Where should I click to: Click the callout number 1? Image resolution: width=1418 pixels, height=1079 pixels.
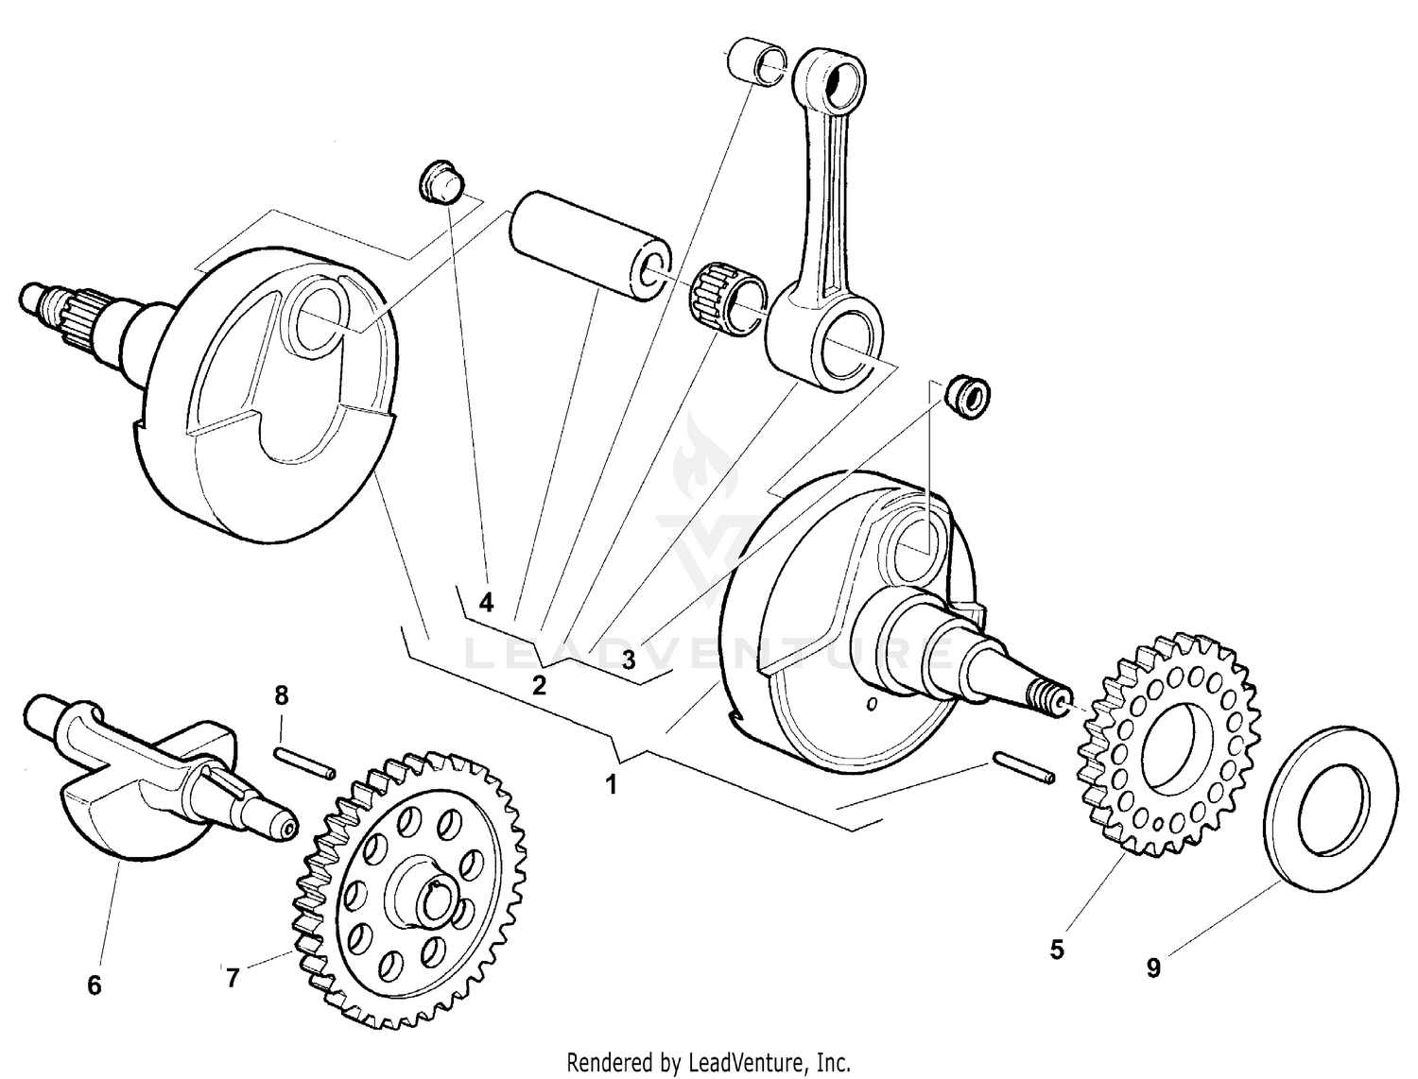coord(612,784)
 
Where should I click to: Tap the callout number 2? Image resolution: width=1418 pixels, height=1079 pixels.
coord(539,685)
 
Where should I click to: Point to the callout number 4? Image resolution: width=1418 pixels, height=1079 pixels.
coord(486,602)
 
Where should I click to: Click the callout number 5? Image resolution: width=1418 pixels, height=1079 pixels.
coord(1056,949)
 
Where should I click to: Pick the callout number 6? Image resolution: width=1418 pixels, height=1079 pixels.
coord(94,985)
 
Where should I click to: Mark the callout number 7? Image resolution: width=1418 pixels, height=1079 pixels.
coord(233,978)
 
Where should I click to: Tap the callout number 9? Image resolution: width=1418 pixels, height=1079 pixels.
coord(1152,968)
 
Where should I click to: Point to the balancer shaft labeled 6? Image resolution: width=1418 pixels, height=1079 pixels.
coord(161,775)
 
